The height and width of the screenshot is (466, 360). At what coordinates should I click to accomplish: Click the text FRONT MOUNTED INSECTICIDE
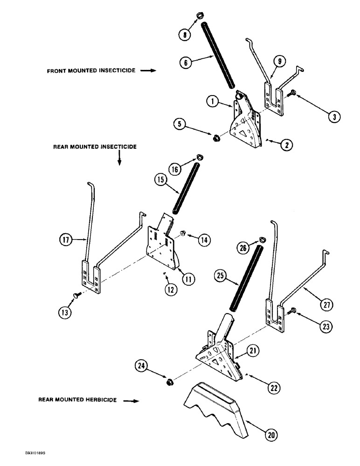(x=91, y=71)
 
